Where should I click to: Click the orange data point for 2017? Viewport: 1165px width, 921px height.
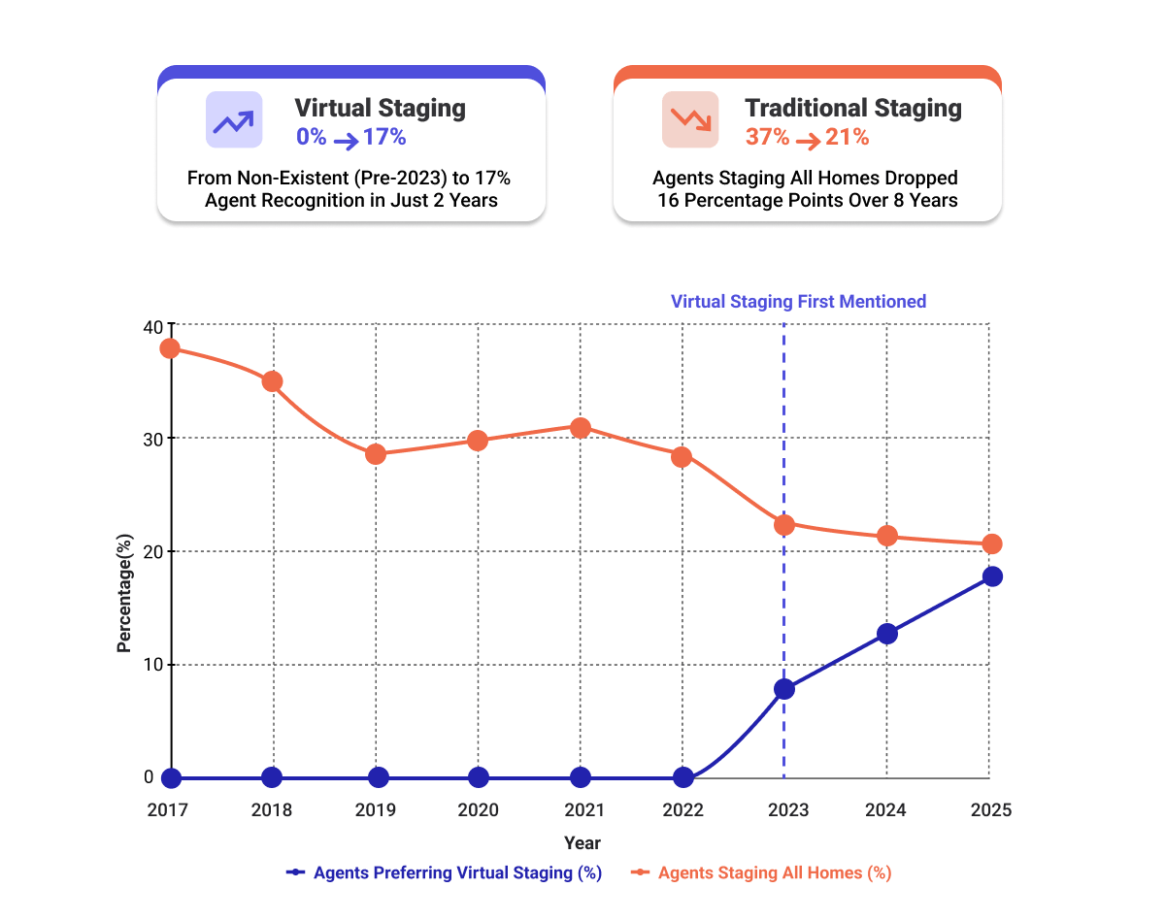171,348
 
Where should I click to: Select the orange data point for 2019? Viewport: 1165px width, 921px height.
376,454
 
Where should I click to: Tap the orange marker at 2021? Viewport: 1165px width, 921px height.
581,428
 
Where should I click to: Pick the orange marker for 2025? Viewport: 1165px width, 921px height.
990,544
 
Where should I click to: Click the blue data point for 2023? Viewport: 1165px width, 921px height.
784,689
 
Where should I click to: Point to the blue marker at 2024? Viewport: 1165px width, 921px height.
887,634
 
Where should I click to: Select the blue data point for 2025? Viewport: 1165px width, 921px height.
991,576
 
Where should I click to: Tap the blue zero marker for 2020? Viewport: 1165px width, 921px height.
479,777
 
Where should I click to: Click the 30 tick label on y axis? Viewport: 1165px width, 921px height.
154,438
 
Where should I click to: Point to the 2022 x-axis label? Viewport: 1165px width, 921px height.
683,810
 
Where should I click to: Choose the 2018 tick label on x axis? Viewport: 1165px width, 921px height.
273,810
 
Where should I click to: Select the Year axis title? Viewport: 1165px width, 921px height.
582,842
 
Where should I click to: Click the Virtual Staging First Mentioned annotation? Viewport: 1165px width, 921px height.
798,302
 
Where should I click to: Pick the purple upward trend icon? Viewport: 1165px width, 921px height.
234,120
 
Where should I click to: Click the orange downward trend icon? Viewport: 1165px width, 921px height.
690,120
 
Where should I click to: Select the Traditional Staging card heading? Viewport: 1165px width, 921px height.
853,108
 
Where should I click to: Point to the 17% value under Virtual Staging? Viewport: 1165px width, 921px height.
384,138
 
